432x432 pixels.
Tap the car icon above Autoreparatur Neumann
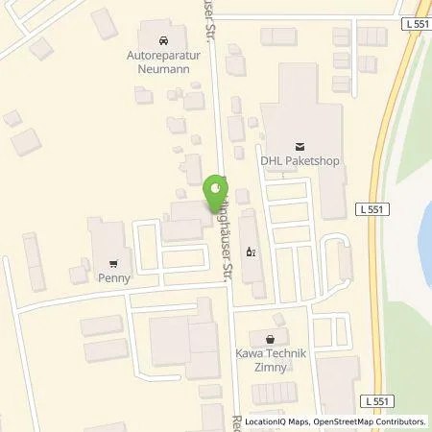pos(162,41)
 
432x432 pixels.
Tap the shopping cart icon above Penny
pos(114,262)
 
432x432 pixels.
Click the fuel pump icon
pos(252,253)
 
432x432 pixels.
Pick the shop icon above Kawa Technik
pos(270,338)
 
